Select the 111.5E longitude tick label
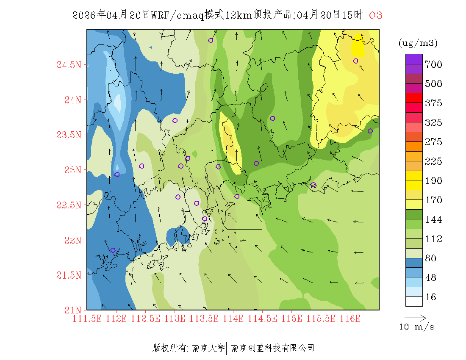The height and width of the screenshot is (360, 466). coord(87,318)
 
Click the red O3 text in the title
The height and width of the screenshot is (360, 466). coord(376,15)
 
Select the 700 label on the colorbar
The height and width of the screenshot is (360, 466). coord(433,64)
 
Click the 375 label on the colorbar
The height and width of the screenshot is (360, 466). coord(433,103)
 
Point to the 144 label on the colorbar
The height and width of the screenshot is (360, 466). coord(433,219)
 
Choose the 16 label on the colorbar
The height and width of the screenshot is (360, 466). coord(430,297)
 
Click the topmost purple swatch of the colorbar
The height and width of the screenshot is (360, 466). coord(414,59)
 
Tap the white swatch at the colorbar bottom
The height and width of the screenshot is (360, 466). coord(414,301)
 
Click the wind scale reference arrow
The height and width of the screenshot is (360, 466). coord(415,317)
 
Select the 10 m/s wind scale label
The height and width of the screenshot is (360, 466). coord(417,327)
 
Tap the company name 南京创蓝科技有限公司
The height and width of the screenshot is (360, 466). coord(272,348)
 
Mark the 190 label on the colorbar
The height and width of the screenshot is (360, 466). coord(433,181)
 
